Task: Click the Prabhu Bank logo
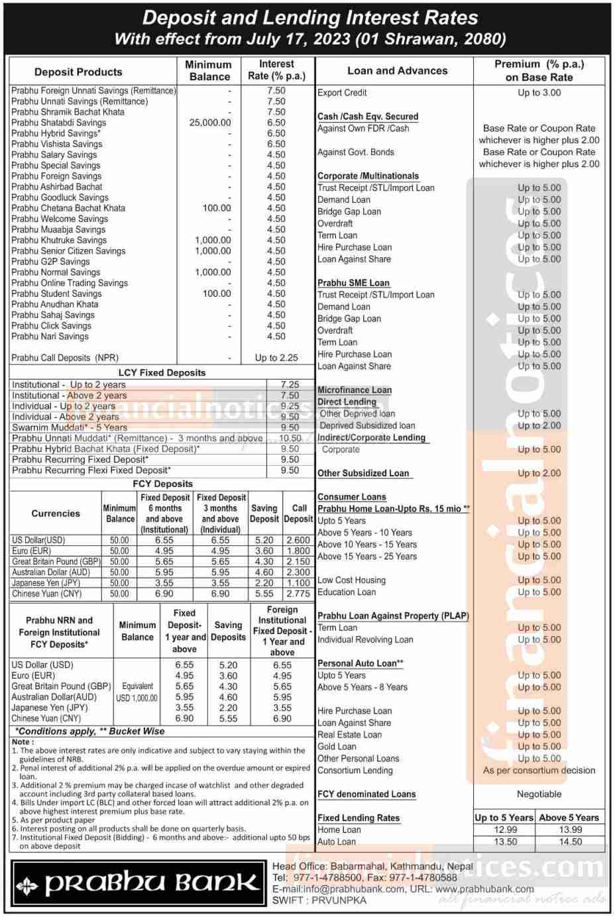point(138,883)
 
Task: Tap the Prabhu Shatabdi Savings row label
point(58,123)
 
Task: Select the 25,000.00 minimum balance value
point(210,123)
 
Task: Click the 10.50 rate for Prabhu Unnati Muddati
point(290,438)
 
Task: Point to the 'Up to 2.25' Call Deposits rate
point(276,358)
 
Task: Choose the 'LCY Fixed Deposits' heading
point(162,372)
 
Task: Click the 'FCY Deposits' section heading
point(162,484)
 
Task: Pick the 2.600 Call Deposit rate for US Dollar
point(298,540)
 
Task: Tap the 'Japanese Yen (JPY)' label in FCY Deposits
point(46,583)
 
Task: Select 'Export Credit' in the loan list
point(342,93)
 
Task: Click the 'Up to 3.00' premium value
point(539,93)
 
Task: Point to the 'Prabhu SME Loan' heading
point(353,283)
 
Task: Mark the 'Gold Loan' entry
point(337,747)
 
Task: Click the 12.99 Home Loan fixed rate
point(506,830)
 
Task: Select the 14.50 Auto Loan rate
point(570,841)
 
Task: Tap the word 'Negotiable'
point(539,794)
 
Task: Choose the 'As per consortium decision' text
point(539,771)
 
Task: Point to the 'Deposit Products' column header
point(78,72)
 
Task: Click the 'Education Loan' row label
point(347,592)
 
